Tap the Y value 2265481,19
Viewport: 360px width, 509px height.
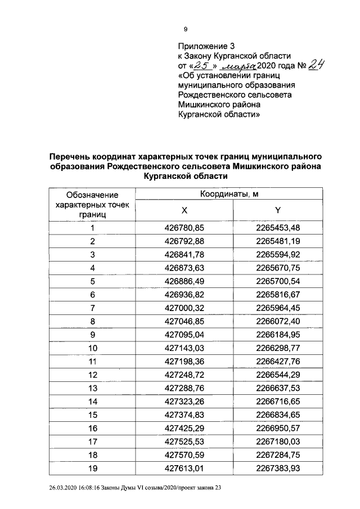tap(277, 241)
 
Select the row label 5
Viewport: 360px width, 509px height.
tap(92, 280)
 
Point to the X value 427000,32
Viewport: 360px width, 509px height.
tap(184, 307)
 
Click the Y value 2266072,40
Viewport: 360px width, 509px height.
tap(277, 320)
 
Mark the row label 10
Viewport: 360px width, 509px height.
tap(92, 347)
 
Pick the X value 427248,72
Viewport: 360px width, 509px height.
tap(184, 373)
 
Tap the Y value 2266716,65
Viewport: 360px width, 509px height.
tap(277, 400)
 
